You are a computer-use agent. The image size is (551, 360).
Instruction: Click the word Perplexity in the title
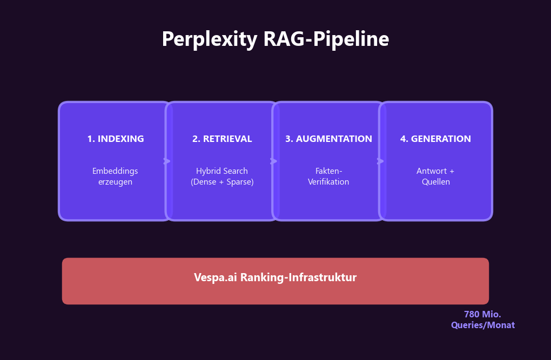tap(210, 39)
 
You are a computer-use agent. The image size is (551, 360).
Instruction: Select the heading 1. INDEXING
tap(116, 139)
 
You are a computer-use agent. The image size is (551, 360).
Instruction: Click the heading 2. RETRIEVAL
tap(222, 139)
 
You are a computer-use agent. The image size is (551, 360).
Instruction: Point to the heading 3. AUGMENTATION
tap(328, 139)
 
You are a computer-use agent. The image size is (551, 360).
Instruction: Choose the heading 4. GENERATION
tap(435, 139)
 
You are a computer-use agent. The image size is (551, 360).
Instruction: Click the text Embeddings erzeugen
tap(115, 176)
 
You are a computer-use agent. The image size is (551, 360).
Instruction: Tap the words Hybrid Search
tap(222, 171)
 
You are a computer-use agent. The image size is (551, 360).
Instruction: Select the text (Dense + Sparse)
tap(222, 182)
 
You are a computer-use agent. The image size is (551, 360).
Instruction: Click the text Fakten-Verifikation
tap(328, 176)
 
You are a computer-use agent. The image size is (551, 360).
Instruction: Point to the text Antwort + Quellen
tap(435, 176)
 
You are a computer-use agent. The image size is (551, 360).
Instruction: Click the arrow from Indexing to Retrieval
tap(167, 161)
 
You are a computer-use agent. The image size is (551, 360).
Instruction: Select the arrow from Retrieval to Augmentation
tap(274, 161)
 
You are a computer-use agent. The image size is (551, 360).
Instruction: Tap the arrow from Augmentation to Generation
tap(380, 161)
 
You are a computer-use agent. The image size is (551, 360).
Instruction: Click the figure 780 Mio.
tap(482, 315)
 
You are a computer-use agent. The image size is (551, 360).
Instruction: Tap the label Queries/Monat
tap(482, 325)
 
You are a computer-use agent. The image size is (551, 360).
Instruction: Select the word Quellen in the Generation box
tap(435, 182)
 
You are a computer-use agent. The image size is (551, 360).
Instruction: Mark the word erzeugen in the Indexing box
tap(115, 182)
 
